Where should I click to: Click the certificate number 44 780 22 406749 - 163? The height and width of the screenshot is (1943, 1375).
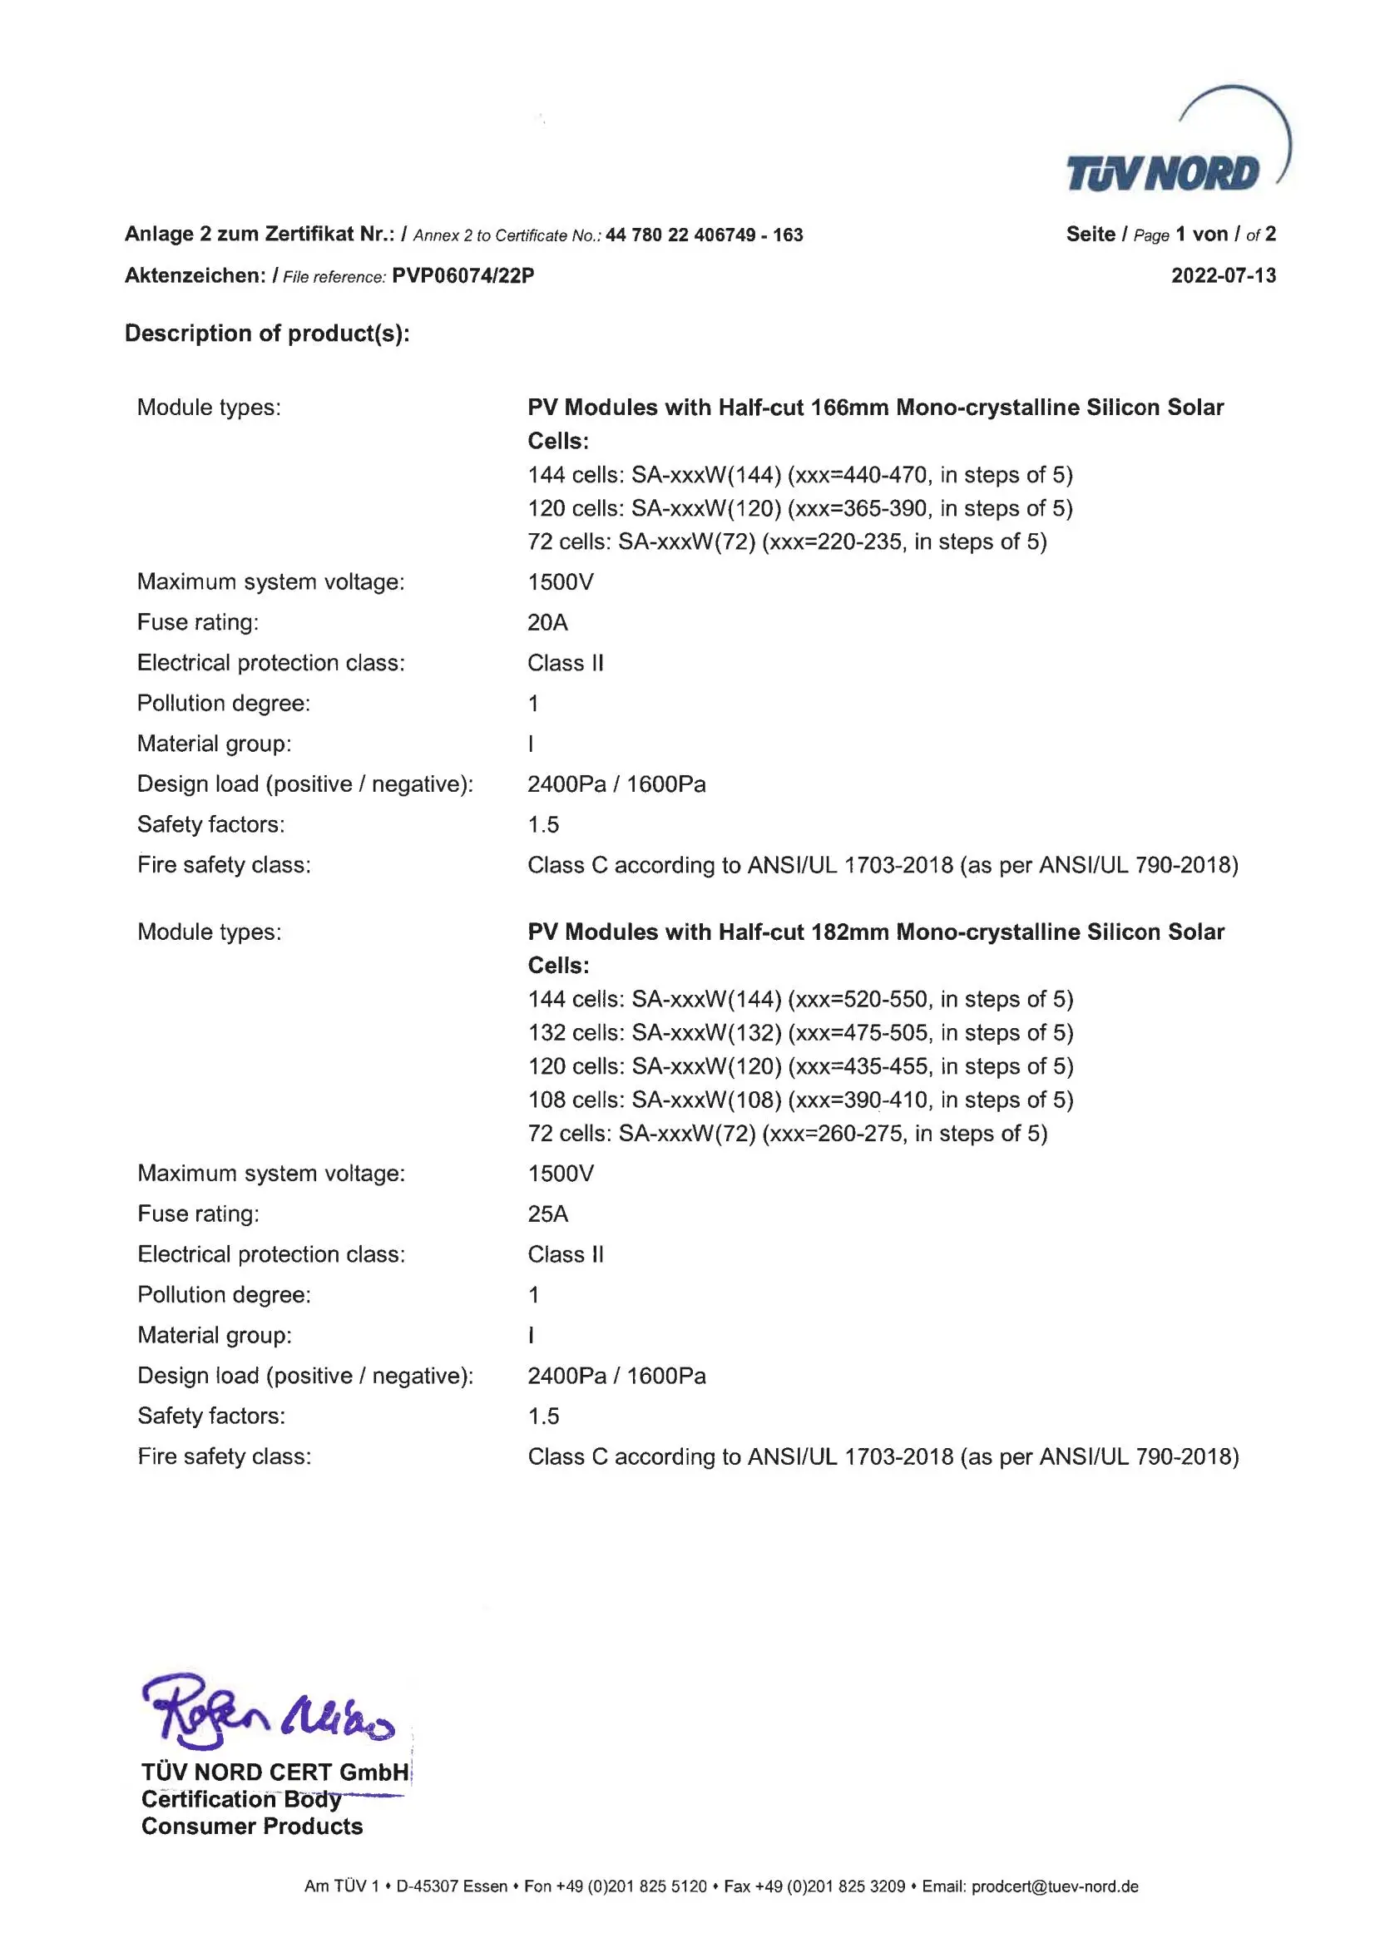pos(704,235)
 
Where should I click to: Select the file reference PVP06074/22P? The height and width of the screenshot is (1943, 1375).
pos(462,275)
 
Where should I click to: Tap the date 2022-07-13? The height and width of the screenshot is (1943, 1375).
pos(1223,275)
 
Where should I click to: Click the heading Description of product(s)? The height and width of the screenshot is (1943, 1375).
pos(267,333)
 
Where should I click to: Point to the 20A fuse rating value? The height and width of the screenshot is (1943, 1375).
pos(547,622)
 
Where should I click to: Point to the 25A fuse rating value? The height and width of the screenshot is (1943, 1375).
pos(547,1214)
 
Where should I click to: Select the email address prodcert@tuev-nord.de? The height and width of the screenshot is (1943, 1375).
pos(1054,1886)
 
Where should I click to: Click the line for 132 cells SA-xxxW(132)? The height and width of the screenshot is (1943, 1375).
pos(799,1032)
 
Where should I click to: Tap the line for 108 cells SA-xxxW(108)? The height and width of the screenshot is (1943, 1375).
pos(799,1099)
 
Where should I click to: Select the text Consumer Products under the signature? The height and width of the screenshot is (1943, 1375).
pos(251,1827)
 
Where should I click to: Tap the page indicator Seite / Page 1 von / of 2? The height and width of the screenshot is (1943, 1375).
pos(1170,235)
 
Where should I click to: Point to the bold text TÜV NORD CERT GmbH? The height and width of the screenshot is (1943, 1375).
pos(275,1772)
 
